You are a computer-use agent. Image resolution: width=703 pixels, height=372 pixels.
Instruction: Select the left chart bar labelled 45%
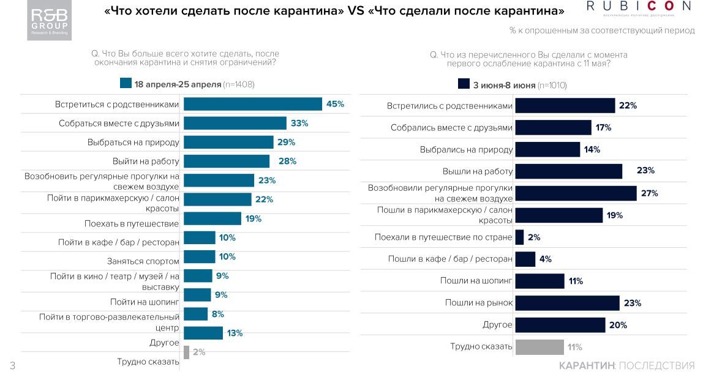pos(252,104)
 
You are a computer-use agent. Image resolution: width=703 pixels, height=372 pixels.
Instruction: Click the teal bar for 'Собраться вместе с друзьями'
pos(235,123)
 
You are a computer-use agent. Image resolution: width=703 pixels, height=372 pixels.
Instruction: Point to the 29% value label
pos(286,142)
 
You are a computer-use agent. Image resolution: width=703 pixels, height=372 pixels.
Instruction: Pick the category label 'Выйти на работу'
pos(146,161)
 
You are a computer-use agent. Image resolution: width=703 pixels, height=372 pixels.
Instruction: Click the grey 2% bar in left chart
pos(186,352)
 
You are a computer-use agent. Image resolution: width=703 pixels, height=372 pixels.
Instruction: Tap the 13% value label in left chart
pos(235,333)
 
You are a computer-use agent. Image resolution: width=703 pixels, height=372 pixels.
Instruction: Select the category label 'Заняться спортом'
pos(143,261)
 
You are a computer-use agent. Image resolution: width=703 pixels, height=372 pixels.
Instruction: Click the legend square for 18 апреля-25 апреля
pos(126,84)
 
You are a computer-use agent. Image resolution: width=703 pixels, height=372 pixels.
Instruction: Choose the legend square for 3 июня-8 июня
pos(464,84)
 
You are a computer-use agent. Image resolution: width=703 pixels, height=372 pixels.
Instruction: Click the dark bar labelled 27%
pos(576,193)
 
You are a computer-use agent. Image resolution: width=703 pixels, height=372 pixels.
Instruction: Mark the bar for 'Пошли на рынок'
pos(567,303)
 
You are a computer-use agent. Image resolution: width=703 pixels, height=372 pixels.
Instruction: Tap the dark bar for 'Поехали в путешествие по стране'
pos(519,237)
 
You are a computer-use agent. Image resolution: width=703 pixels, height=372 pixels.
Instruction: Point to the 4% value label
pos(545,259)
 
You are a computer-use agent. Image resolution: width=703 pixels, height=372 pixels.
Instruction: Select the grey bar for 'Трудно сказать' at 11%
pos(539,347)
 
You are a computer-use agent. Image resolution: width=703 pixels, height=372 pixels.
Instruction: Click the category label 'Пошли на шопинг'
pos(476,281)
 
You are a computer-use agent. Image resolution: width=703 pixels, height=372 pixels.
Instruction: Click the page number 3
pos(12,365)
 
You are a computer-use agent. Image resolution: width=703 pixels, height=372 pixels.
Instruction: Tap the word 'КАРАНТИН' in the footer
pos(586,365)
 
